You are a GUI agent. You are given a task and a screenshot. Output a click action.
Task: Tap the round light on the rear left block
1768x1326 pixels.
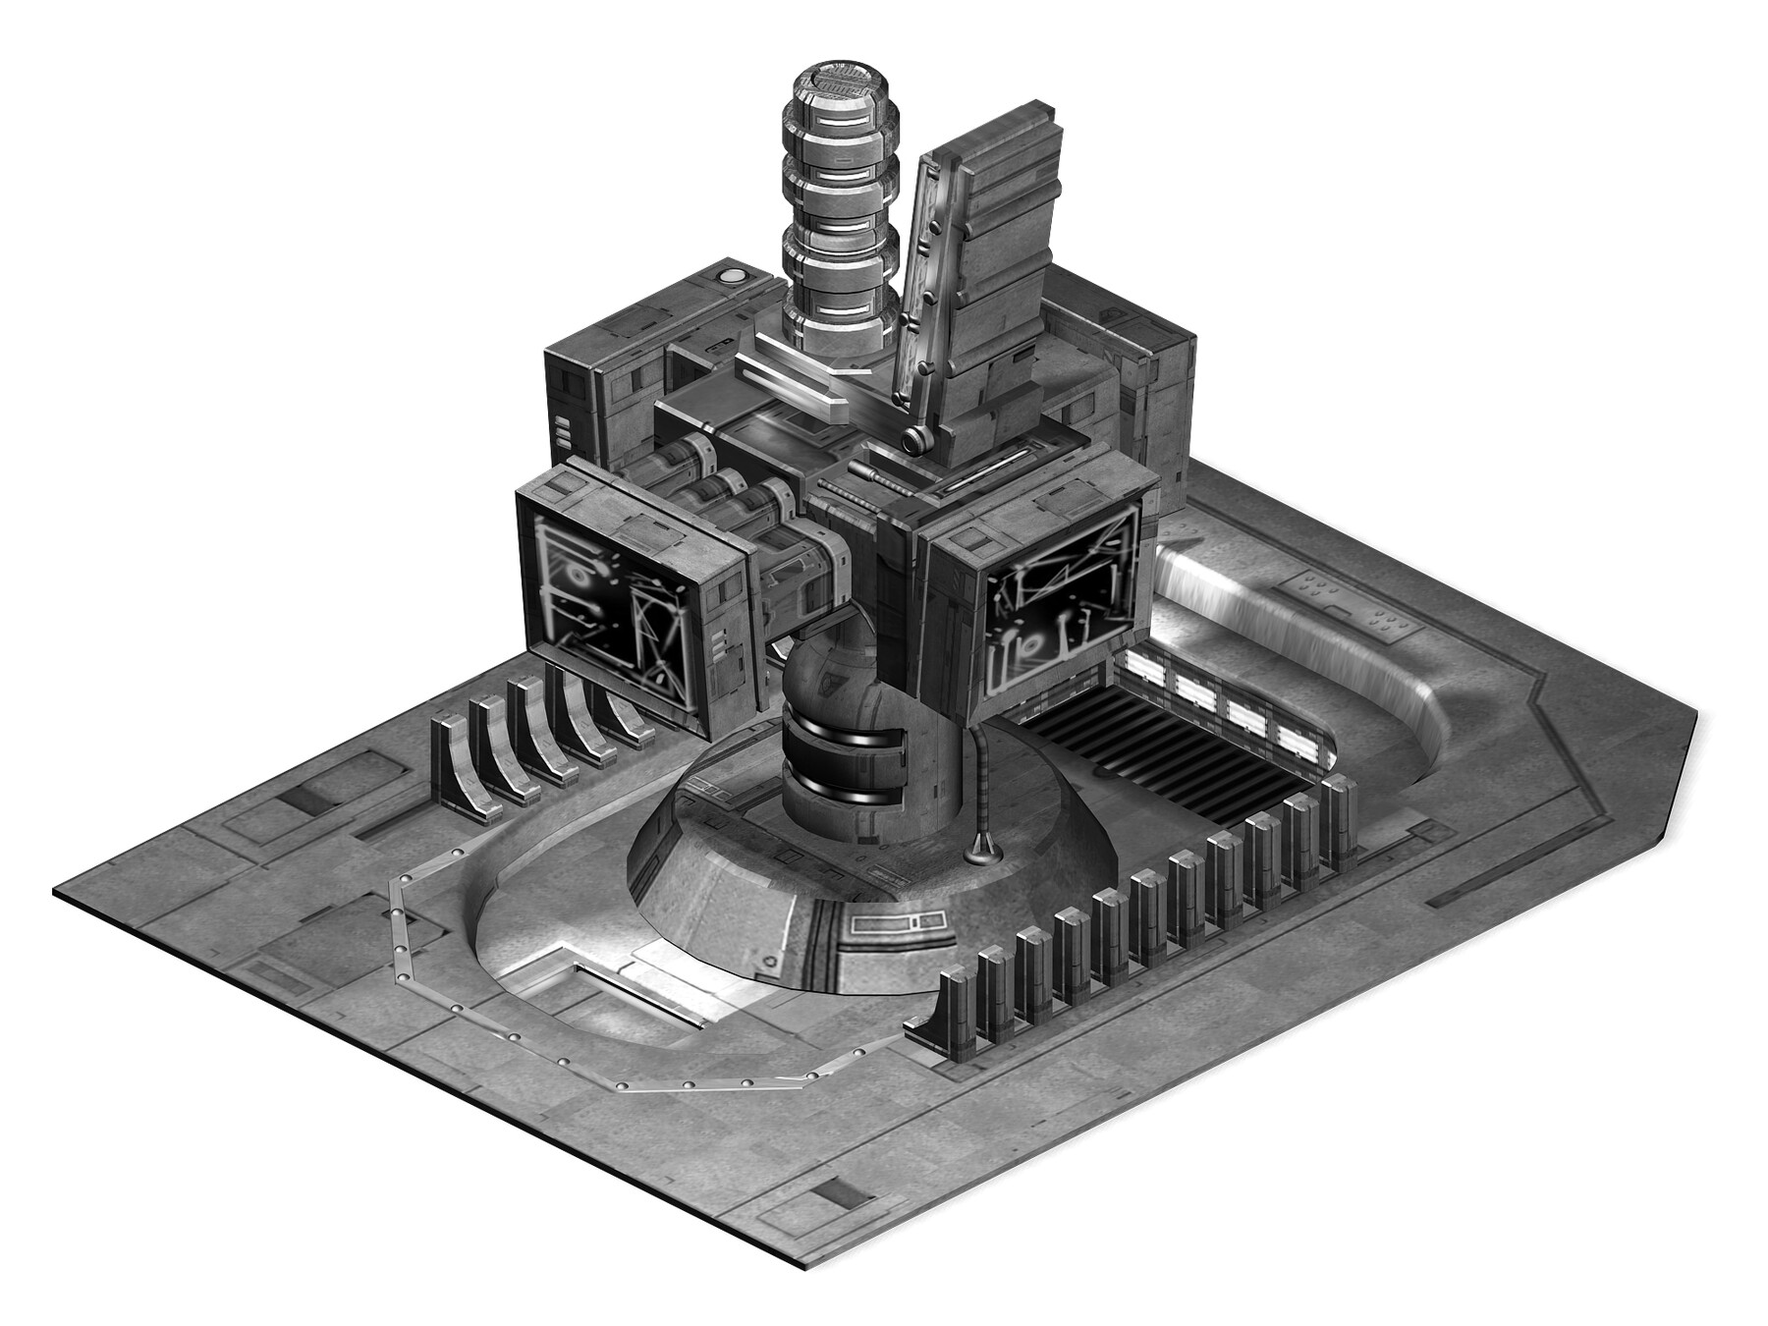point(732,276)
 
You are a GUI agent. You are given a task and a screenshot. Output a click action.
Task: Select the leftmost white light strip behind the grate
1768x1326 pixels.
point(1146,671)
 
